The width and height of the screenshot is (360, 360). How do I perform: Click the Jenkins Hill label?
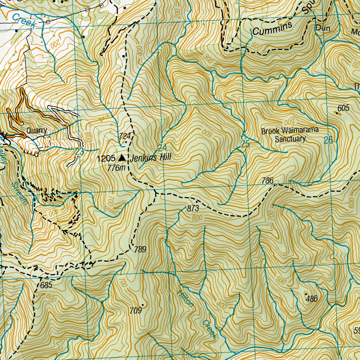[150, 158]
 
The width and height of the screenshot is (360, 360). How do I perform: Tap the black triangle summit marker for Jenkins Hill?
[122, 157]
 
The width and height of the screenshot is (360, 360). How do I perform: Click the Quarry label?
[37, 130]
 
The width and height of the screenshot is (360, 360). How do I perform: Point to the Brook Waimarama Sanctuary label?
[290, 135]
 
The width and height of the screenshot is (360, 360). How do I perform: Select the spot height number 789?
[140, 250]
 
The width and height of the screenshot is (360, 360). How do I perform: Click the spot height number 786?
[268, 181]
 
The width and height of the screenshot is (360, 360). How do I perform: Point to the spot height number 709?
[135, 310]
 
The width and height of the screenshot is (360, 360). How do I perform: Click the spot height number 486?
[312, 299]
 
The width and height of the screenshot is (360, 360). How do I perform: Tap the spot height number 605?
[343, 108]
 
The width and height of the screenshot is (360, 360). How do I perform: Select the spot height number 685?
[46, 285]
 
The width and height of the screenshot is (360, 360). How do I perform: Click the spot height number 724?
[125, 136]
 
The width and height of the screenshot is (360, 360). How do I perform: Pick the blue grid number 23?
[79, 152]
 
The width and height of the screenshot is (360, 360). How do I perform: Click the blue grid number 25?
[245, 143]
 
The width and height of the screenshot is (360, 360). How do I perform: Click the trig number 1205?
[106, 158]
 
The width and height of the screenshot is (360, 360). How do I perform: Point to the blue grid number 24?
[162, 147]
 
